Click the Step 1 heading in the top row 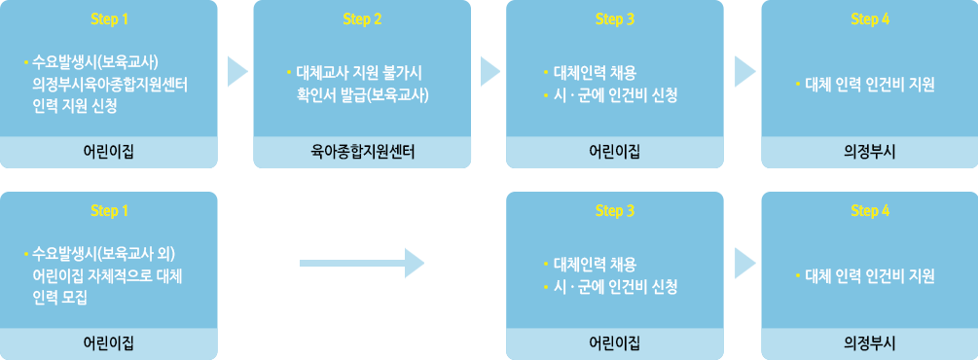109,18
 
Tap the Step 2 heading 362,18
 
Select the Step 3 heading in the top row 615,18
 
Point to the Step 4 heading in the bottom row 870,211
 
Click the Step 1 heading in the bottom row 109,211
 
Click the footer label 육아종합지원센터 362,152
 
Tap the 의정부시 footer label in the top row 870,152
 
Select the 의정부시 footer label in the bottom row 870,343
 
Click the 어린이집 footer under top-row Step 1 109,152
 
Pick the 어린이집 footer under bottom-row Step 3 615,343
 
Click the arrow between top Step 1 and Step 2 237,71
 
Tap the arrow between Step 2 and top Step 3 490,71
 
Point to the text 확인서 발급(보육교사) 363,94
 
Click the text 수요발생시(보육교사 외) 110,255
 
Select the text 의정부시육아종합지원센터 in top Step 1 110,85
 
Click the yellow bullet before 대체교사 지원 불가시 289,72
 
